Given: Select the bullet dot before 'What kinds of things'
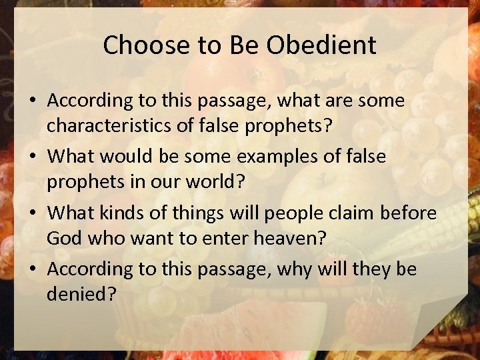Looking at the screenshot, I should click(x=32, y=214).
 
